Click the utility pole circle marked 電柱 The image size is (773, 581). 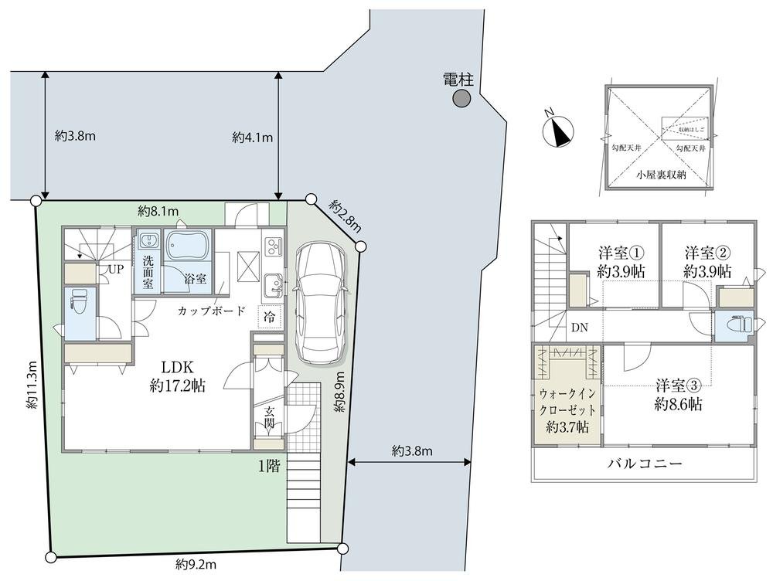click(461, 98)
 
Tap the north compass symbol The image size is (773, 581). click(559, 131)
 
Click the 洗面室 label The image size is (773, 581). click(148, 272)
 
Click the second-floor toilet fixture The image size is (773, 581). click(739, 325)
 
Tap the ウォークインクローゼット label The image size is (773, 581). click(568, 408)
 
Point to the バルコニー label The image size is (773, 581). click(643, 464)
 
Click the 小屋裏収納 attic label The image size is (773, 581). click(661, 175)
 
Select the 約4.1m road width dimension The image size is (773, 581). click(252, 138)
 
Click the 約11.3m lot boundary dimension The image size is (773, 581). click(32, 384)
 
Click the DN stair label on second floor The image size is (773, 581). click(579, 327)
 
